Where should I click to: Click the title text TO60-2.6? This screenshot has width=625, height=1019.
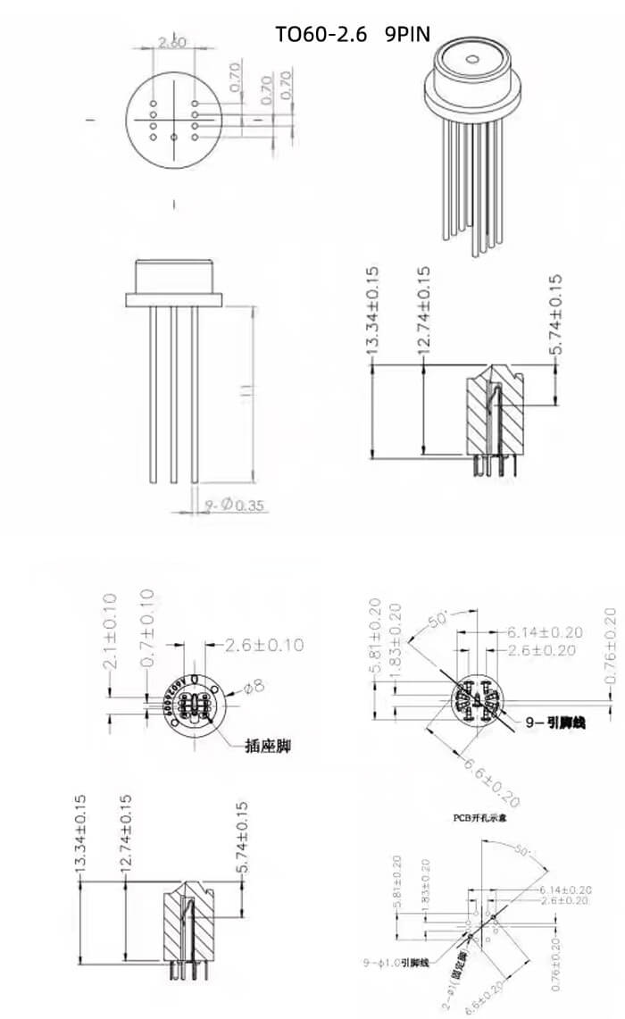point(320,35)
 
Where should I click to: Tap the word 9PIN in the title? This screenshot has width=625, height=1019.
point(407,35)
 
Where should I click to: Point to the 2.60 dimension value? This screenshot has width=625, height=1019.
point(171,41)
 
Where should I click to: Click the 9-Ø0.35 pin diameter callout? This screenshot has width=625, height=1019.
point(235,506)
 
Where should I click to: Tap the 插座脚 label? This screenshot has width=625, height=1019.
point(271,743)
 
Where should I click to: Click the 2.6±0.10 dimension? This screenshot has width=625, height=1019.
point(263,644)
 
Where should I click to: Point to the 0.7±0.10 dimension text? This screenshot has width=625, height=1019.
point(147,628)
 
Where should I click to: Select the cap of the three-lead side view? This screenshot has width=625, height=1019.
point(174,275)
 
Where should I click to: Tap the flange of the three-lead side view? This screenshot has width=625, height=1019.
point(174,298)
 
